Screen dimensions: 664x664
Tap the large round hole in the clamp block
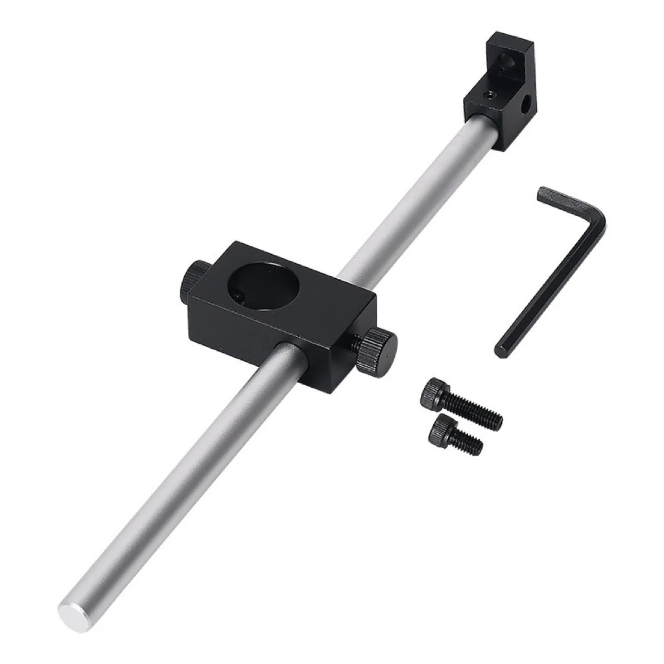(x=262, y=286)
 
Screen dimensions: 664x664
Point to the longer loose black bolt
(x=460, y=405)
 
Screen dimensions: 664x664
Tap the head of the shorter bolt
(x=442, y=428)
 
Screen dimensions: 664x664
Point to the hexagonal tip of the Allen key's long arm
(x=501, y=351)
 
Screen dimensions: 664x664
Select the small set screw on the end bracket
(x=492, y=95)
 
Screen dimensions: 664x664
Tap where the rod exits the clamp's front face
(x=290, y=353)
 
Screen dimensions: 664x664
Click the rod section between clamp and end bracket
(x=415, y=201)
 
